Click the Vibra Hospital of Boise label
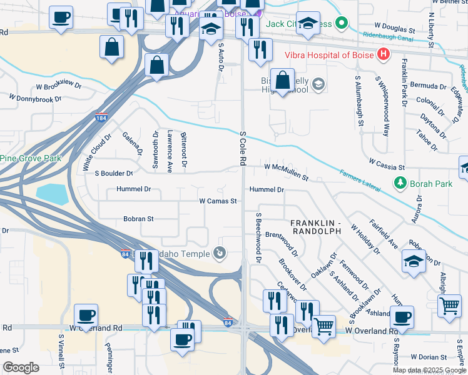pyautogui.click(x=330, y=55)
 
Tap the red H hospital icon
pyautogui.click(x=383, y=55)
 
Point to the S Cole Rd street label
pyautogui.click(x=242, y=148)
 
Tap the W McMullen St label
pyautogui.click(x=286, y=171)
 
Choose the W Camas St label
pyautogui.click(x=218, y=201)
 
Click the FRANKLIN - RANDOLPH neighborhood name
pyautogui.click(x=315, y=227)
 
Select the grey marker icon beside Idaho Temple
pyautogui.click(x=220, y=252)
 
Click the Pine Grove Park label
pyautogui.click(x=31, y=158)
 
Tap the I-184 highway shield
pyautogui.click(x=101, y=117)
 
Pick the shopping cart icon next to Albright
pyautogui.click(x=449, y=306)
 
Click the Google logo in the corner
pyautogui.click(x=21, y=367)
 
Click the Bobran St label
pyautogui.click(x=138, y=219)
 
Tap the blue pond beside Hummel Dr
pyautogui.click(x=51, y=194)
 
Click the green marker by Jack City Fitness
pyautogui.click(x=341, y=24)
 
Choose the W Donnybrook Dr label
pyautogui.click(x=35, y=97)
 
